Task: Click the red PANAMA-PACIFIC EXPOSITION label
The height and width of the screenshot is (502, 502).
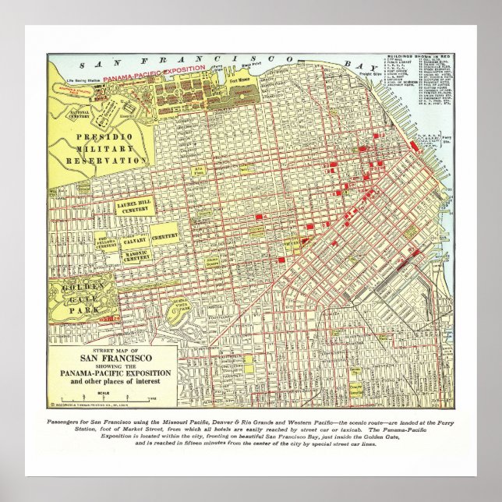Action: [x=155, y=69]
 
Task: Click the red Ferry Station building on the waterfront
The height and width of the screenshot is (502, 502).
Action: [x=413, y=145]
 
